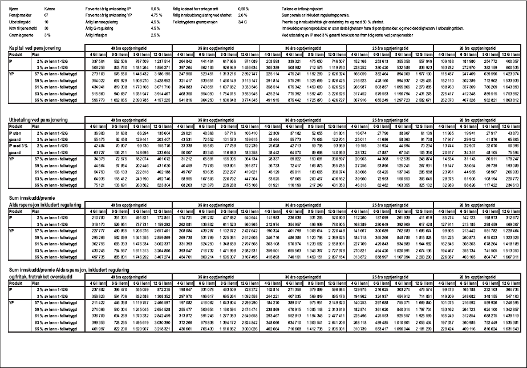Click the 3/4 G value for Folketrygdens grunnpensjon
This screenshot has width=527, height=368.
[242, 22]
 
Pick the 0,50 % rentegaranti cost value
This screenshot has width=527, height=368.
[244, 10]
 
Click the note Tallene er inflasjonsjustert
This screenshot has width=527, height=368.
[304, 10]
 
